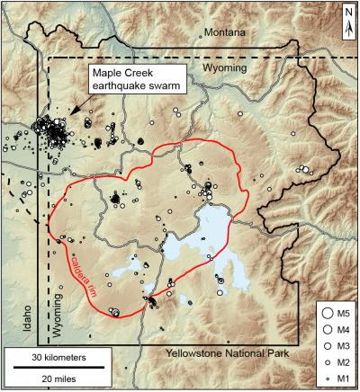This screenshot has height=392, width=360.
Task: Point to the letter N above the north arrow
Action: point(348,12)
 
